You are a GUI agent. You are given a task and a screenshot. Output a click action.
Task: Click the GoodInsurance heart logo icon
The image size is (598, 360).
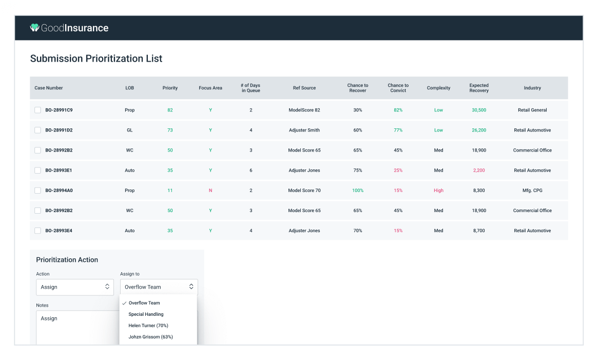(x=35, y=28)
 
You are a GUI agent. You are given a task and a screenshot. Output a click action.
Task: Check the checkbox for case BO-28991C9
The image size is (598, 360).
(x=37, y=110)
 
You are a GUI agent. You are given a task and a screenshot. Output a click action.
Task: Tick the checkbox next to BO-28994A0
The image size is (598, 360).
(x=37, y=191)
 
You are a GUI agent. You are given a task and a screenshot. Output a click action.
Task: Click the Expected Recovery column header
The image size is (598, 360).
(x=478, y=88)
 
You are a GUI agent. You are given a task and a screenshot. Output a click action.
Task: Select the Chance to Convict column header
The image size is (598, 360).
(x=398, y=88)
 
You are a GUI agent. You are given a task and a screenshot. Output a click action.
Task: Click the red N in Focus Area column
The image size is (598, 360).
(x=210, y=191)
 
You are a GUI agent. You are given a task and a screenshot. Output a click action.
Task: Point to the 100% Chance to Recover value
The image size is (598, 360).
(x=358, y=191)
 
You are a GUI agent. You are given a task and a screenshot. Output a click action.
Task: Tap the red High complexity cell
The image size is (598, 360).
(x=438, y=191)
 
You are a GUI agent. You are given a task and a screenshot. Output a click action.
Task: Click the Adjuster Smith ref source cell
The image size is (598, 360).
(x=304, y=130)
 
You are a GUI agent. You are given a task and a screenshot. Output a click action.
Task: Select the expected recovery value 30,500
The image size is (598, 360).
(x=478, y=110)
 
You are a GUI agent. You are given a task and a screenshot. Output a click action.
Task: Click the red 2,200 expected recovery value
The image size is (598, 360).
(x=478, y=170)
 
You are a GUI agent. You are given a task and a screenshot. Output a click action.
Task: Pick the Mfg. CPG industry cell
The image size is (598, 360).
(x=532, y=191)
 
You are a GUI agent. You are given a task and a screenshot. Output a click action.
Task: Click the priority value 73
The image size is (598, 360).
(x=170, y=130)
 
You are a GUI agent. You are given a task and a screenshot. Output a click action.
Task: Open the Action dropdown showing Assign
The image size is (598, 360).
(x=75, y=287)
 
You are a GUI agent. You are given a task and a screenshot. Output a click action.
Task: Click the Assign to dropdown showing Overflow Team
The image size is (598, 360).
(x=159, y=287)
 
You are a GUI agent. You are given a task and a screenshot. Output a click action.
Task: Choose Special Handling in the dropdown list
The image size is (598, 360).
(x=146, y=314)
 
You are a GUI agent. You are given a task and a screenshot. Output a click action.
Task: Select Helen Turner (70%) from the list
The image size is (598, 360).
(x=148, y=326)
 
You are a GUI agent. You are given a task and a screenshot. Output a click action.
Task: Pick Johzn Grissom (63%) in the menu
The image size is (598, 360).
(x=150, y=337)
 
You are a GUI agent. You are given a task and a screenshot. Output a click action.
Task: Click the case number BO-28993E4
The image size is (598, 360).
(x=59, y=231)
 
